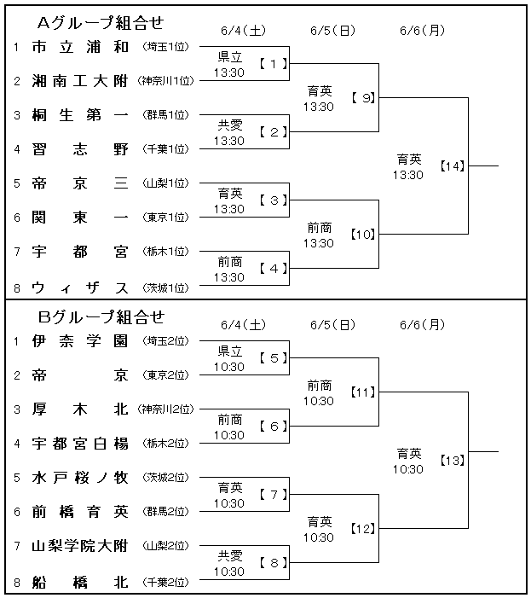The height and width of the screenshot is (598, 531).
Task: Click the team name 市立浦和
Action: click(x=80, y=47)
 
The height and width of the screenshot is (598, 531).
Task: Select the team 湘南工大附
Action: click(x=80, y=81)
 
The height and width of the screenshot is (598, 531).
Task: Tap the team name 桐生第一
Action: click(x=80, y=115)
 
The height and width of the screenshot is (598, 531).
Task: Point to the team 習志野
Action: click(x=80, y=149)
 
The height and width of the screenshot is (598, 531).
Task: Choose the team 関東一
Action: click(x=80, y=218)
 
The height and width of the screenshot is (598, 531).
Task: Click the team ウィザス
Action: click(x=80, y=288)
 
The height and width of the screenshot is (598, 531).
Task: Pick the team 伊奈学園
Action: click(x=80, y=341)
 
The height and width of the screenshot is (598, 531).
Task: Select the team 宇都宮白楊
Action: click(x=80, y=444)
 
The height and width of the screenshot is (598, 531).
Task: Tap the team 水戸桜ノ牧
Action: click(x=80, y=478)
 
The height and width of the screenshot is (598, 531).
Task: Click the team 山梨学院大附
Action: click(x=80, y=546)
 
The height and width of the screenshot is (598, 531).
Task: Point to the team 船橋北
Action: click(x=80, y=583)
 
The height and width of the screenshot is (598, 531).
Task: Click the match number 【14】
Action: click(x=453, y=166)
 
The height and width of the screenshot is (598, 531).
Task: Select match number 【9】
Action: click(x=363, y=98)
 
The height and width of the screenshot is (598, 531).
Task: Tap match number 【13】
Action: click(x=453, y=461)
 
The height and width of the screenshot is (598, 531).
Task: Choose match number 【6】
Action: click(x=274, y=427)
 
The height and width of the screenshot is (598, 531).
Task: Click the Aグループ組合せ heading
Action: click(x=101, y=23)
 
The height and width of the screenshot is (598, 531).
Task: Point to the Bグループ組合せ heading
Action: click(x=101, y=317)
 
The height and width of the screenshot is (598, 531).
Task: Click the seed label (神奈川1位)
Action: click(x=165, y=81)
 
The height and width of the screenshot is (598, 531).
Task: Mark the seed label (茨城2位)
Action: click(x=165, y=478)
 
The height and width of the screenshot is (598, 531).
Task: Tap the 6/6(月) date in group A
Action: click(x=422, y=31)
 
